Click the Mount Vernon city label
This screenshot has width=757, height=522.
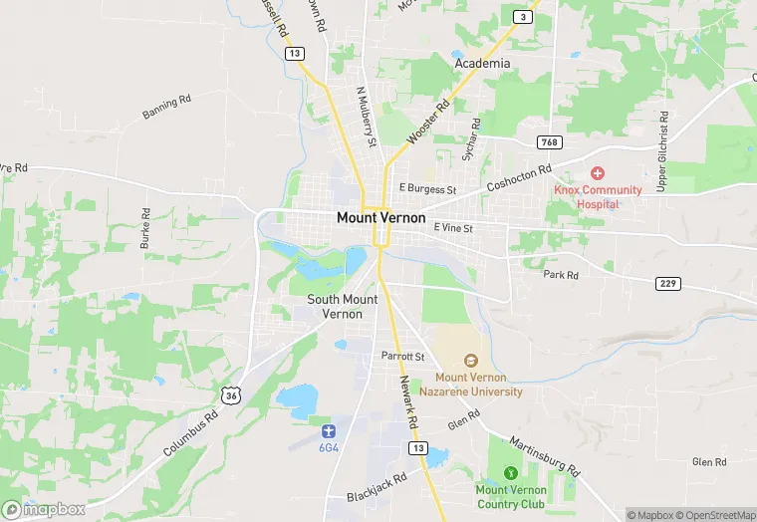380,217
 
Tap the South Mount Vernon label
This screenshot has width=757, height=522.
342,306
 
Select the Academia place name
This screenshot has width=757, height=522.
482,64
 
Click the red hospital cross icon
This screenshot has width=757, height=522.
599,174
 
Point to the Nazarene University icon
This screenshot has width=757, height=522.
470,361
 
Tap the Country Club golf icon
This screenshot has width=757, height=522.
511,473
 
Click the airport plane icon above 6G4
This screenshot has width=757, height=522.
329,430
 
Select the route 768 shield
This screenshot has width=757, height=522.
549,142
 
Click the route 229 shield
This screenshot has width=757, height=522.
667,284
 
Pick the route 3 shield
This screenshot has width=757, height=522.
523,17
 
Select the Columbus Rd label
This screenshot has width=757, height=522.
191,435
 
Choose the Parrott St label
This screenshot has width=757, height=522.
402,356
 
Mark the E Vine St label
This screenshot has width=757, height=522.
452,228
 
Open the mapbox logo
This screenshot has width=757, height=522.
44,509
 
